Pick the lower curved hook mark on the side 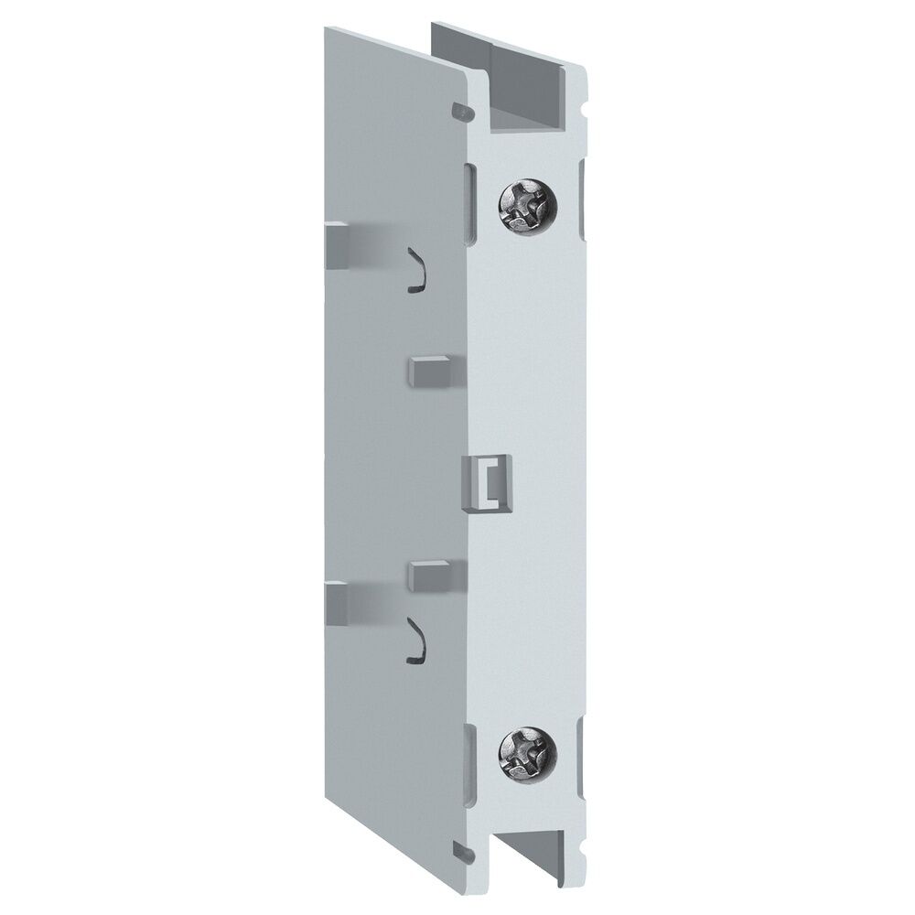point(417,639)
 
